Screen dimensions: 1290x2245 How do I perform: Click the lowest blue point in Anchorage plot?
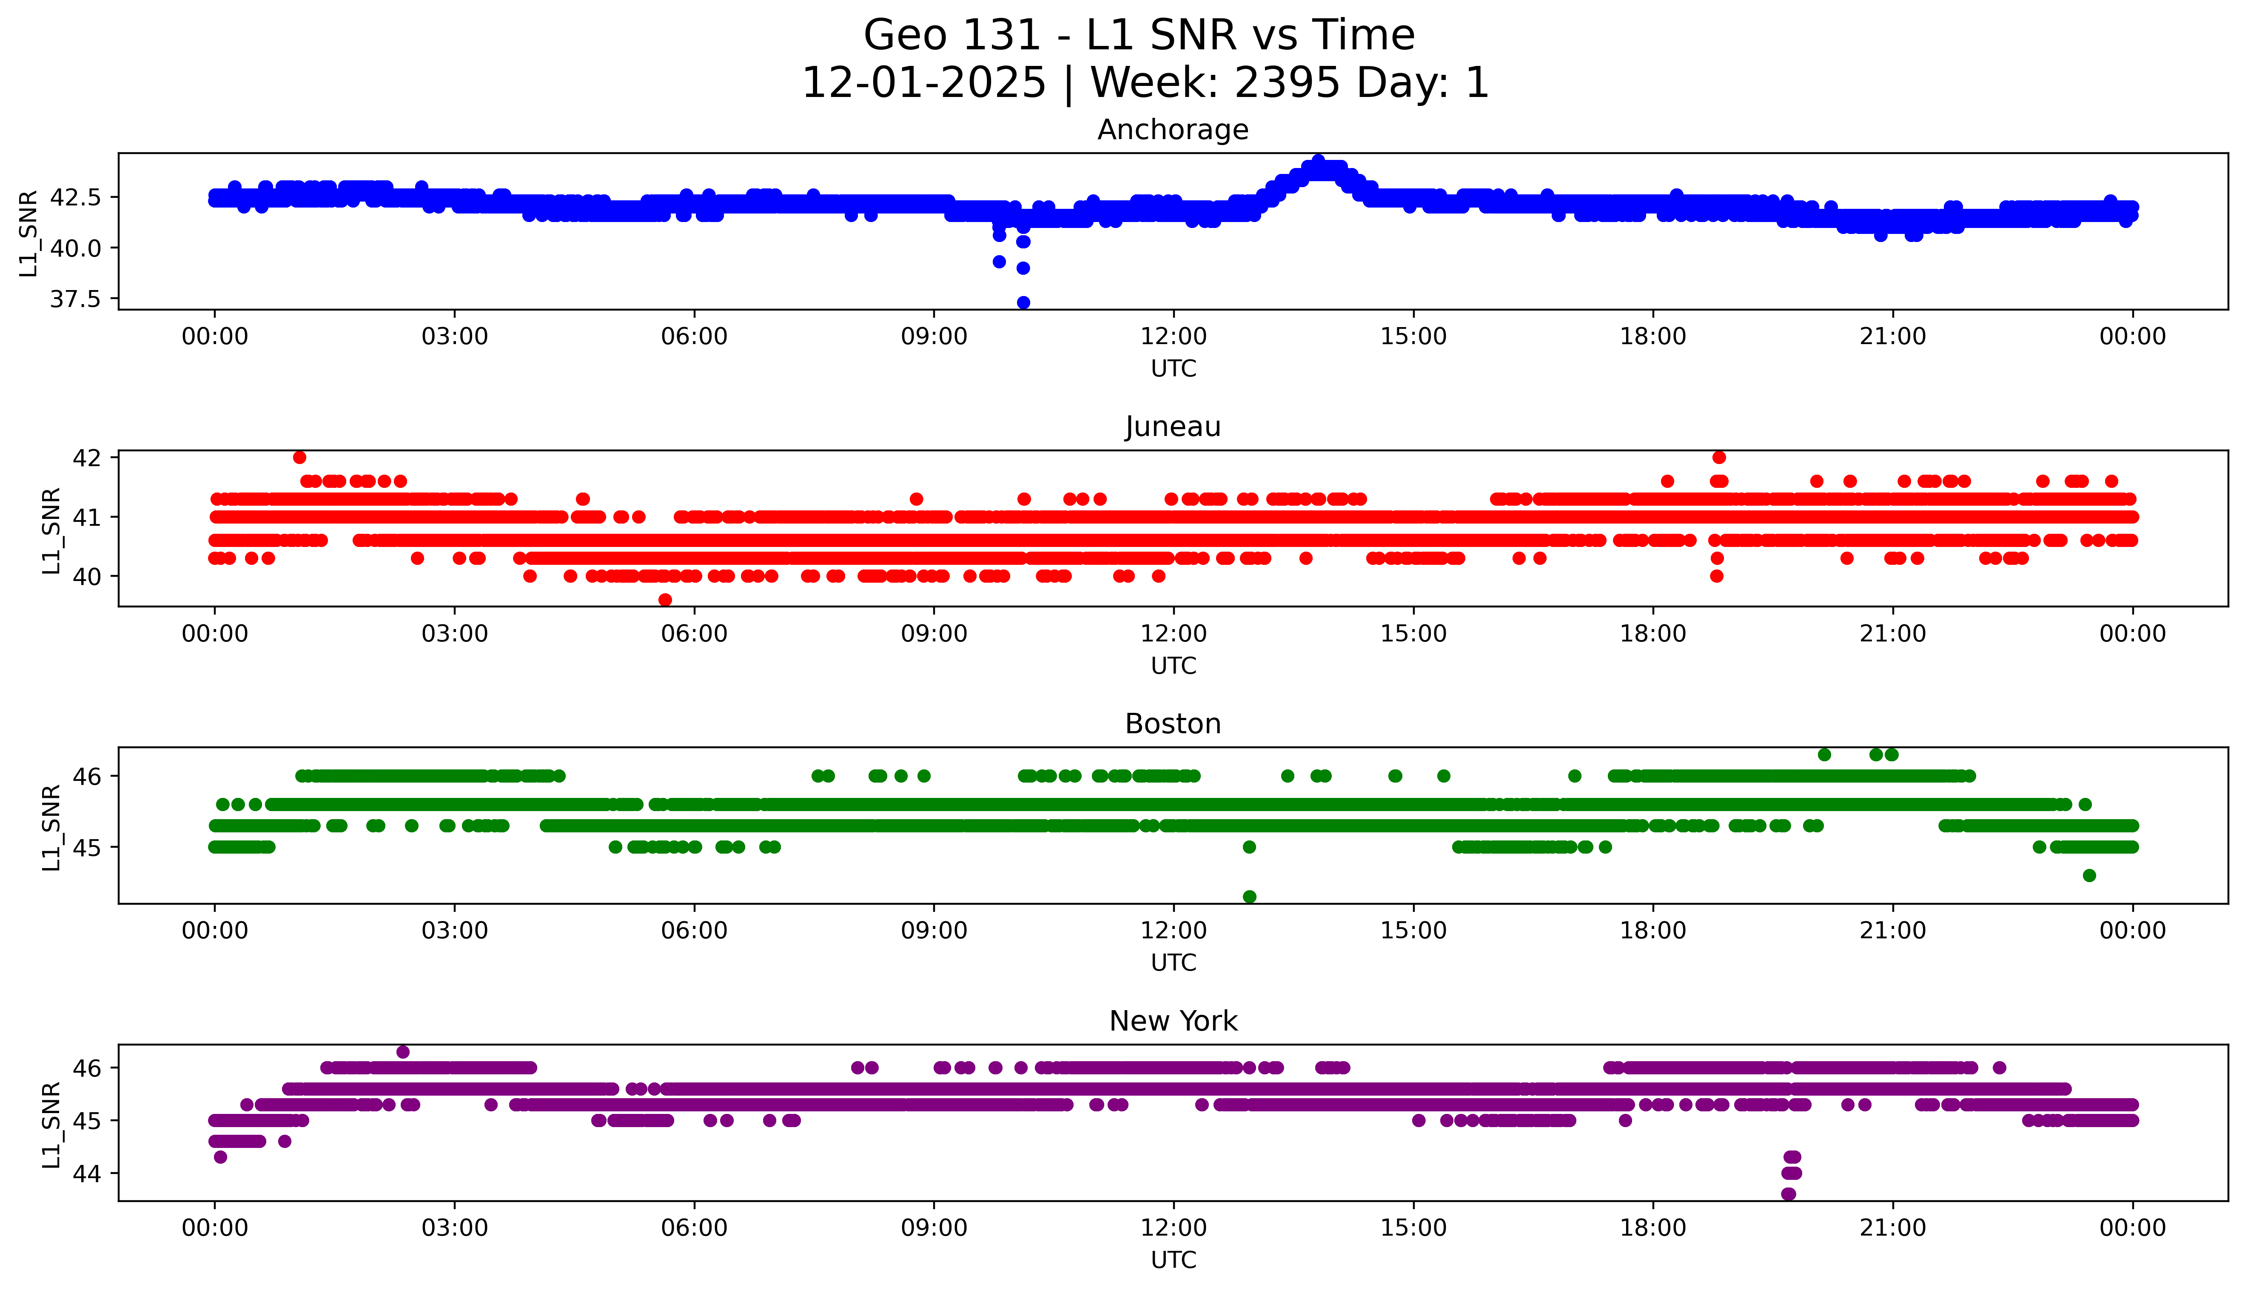1023,303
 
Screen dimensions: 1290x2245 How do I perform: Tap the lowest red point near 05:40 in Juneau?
665,600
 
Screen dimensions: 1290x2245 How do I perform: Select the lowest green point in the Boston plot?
1249,897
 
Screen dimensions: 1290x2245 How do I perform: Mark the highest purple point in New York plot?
403,1052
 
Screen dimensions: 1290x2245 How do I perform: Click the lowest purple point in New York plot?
1789,1194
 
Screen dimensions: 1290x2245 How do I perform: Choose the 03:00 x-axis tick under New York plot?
455,1228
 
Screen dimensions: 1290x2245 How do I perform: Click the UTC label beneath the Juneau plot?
1173,665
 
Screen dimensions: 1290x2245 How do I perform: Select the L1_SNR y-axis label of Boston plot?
51,827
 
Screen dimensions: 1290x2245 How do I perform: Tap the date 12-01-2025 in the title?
924,83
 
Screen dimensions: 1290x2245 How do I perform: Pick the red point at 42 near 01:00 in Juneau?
299,457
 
